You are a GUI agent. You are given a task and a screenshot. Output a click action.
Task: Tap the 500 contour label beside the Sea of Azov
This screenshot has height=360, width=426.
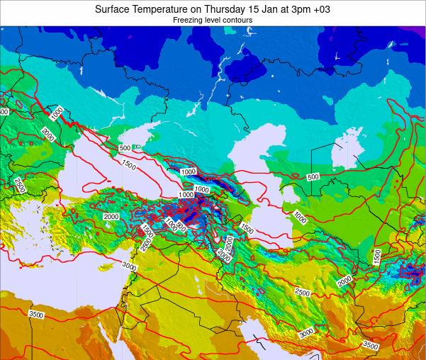coord(125,148)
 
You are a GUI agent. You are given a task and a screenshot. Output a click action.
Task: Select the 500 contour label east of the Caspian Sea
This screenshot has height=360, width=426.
coord(313,176)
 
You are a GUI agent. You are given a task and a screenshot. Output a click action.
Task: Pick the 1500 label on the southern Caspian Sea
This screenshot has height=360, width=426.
coord(247,228)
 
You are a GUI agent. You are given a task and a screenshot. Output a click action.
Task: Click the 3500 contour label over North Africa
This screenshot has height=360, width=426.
coord(35,314)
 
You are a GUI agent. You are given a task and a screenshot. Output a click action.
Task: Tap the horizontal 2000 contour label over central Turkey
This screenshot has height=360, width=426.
coord(111,217)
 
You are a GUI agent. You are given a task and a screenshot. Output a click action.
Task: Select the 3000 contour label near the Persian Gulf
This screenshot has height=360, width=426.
coord(306,333)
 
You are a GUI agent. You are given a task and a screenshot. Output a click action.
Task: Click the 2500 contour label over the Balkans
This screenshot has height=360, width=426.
coord(19,186)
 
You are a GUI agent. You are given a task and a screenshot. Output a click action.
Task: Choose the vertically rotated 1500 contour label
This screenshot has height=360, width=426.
coord(377,256)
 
